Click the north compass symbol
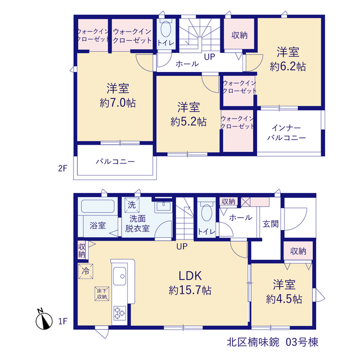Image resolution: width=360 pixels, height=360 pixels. pyautogui.click(x=44, y=319)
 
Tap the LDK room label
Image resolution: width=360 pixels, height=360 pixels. pyautogui.click(x=190, y=276)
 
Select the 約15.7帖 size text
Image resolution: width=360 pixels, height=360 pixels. pyautogui.click(x=190, y=290)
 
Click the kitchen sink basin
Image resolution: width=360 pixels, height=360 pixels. pyautogui.click(x=120, y=276)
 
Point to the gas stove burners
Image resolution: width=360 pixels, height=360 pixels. pyautogui.click(x=120, y=313)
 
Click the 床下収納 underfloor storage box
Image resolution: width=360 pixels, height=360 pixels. pyautogui.click(x=102, y=294)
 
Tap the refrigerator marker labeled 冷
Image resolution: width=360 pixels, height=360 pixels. pyautogui.click(x=85, y=271)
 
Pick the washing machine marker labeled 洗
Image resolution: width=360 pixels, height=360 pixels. pyautogui.click(x=132, y=205)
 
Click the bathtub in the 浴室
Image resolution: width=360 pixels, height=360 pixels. pyautogui.click(x=98, y=206)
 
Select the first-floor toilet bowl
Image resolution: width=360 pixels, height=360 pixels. pyautogui.click(x=206, y=213)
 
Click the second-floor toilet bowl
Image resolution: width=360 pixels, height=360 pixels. pyautogui.click(x=166, y=29)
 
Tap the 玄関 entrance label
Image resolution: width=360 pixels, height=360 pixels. pyautogui.click(x=271, y=224)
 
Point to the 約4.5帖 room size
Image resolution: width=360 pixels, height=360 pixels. pyautogui.click(x=284, y=299)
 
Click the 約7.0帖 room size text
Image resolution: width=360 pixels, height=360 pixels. pyautogui.click(x=118, y=103)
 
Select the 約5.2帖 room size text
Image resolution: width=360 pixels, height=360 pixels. pyautogui.click(x=188, y=122)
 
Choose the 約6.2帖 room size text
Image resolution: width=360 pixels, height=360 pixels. pyautogui.click(x=288, y=67)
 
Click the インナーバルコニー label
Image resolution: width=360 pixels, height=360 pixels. pyautogui.click(x=286, y=133)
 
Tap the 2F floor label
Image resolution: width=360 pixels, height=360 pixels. pyautogui.click(x=62, y=169)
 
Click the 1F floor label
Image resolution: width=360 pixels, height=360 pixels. pyautogui.click(x=62, y=321)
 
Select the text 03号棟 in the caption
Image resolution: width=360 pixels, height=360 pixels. pyautogui.click(x=302, y=343)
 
